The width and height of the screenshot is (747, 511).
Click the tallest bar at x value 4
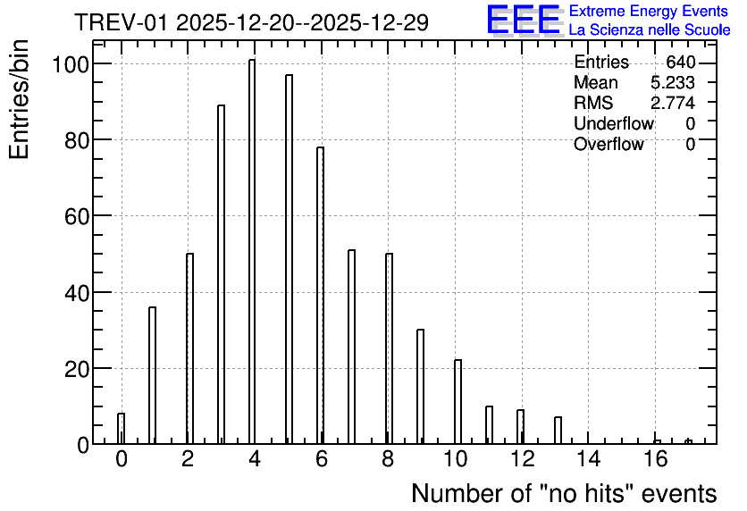(252, 251)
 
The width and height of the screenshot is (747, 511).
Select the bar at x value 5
(290, 259)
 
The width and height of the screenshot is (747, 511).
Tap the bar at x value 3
(221, 274)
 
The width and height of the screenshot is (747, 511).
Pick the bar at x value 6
(320, 296)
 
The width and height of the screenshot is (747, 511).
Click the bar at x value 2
(190, 348)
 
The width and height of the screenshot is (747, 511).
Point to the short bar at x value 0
(121, 429)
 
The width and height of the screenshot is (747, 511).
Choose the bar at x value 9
(420, 387)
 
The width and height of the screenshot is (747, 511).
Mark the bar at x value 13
(558, 431)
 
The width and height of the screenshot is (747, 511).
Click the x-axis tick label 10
(455, 459)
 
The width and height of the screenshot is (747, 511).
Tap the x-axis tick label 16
(656, 459)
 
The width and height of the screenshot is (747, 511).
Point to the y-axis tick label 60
(77, 216)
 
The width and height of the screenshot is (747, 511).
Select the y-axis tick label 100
(71, 63)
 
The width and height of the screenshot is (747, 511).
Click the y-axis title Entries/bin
(19, 99)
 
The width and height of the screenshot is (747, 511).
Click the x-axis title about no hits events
(564, 493)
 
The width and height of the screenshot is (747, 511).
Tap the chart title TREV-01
(122, 22)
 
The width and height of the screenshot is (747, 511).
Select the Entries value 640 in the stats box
(680, 62)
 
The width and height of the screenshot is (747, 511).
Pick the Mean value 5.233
(673, 82)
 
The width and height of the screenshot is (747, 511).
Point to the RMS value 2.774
(673, 103)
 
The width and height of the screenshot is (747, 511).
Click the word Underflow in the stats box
(614, 123)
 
